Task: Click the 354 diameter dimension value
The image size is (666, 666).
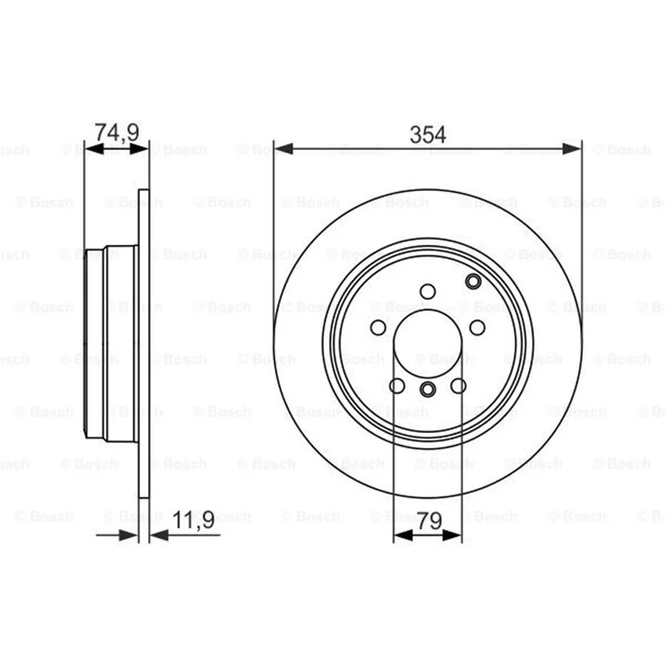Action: click(428, 135)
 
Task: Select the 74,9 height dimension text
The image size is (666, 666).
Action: click(117, 132)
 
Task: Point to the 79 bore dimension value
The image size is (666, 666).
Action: click(430, 521)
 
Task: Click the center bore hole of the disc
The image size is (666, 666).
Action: click(428, 344)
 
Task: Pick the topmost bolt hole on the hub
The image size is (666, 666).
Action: click(428, 292)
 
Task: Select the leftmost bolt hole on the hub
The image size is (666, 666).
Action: click(378, 328)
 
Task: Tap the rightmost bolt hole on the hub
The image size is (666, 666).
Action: click(477, 328)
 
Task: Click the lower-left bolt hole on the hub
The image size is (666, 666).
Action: click(397, 386)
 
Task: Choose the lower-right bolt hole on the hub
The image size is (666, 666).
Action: click(459, 386)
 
